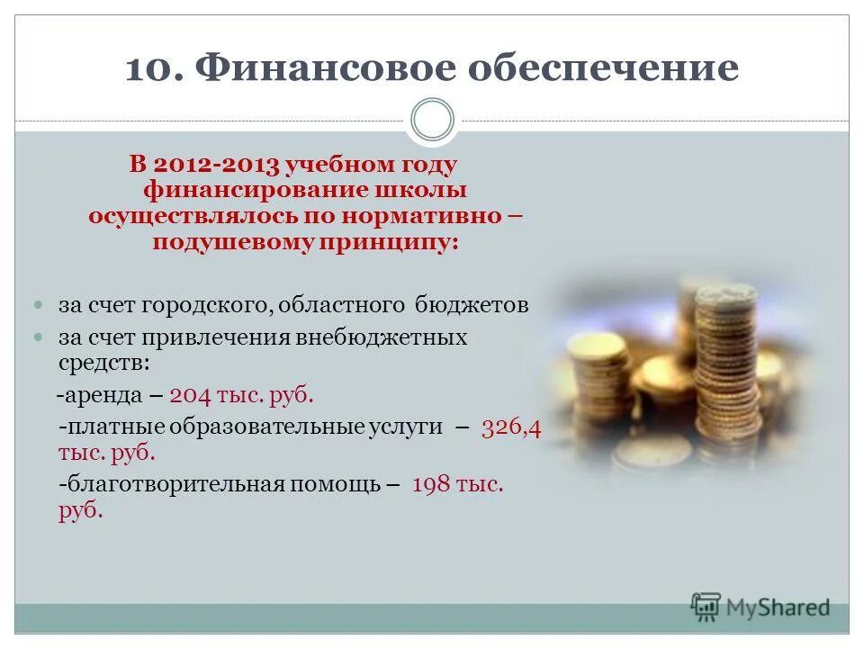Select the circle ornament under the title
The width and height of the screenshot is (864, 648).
pyautogui.click(x=432, y=121)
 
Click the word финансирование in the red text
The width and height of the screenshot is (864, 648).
pyautogui.click(x=271, y=191)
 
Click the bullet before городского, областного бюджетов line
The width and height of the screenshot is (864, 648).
pyautogui.click(x=38, y=305)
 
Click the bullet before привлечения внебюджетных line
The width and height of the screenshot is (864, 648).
pyautogui.click(x=38, y=337)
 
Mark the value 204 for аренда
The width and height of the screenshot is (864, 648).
pyautogui.click(x=190, y=395)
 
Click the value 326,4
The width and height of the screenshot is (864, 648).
pyautogui.click(x=511, y=427)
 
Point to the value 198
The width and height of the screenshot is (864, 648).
pyautogui.click(x=430, y=484)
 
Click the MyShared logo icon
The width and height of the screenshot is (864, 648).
pyautogui.click(x=706, y=607)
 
